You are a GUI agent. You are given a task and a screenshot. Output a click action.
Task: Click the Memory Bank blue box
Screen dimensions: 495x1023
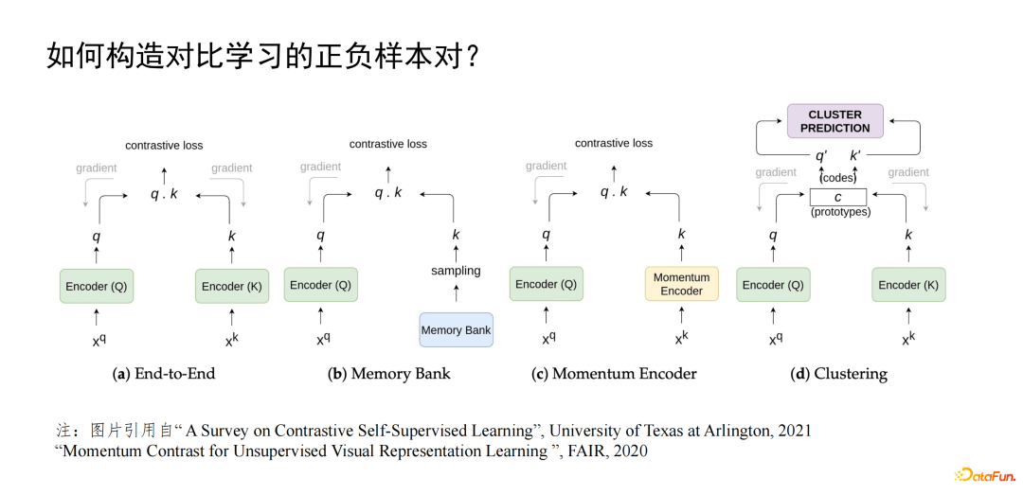pyautogui.click(x=456, y=329)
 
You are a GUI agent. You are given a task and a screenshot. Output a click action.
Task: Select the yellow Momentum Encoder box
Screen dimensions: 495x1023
pyautogui.click(x=681, y=284)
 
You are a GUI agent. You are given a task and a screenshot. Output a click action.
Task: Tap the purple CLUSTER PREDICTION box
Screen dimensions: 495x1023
pyautogui.click(x=835, y=121)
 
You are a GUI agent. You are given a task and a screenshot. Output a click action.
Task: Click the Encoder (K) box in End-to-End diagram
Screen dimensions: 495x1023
pyautogui.click(x=231, y=286)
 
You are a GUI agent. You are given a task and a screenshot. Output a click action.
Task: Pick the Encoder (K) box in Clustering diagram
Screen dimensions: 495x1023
pyautogui.click(x=907, y=285)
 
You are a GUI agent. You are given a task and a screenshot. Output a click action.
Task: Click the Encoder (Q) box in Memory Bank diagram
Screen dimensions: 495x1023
pyautogui.click(x=320, y=284)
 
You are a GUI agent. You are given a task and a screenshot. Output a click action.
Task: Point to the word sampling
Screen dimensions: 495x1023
pyautogui.click(x=456, y=271)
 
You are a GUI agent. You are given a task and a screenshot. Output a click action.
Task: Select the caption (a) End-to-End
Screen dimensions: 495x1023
pyautogui.click(x=164, y=374)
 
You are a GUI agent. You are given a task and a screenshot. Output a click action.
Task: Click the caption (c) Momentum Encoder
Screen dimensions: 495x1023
pyautogui.click(x=614, y=374)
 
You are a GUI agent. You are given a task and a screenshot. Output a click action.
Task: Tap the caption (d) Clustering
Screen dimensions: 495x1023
pyautogui.click(x=838, y=374)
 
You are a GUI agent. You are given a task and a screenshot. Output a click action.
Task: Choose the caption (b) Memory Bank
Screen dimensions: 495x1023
pyautogui.click(x=388, y=374)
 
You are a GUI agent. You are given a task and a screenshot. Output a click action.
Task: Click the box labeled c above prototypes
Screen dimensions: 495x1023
pyautogui.click(x=837, y=197)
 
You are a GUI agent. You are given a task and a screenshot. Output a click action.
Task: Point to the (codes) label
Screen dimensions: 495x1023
pyautogui.click(x=837, y=177)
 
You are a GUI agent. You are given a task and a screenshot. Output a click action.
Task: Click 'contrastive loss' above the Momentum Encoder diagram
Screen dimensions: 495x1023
pyautogui.click(x=614, y=143)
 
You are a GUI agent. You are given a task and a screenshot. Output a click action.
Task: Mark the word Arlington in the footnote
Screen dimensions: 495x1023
pyautogui.click(x=729, y=431)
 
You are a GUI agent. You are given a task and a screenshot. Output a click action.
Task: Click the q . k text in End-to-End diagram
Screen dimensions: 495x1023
pyautogui.click(x=164, y=194)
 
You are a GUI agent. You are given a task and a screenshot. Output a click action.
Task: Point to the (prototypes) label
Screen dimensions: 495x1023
pyautogui.click(x=840, y=212)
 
